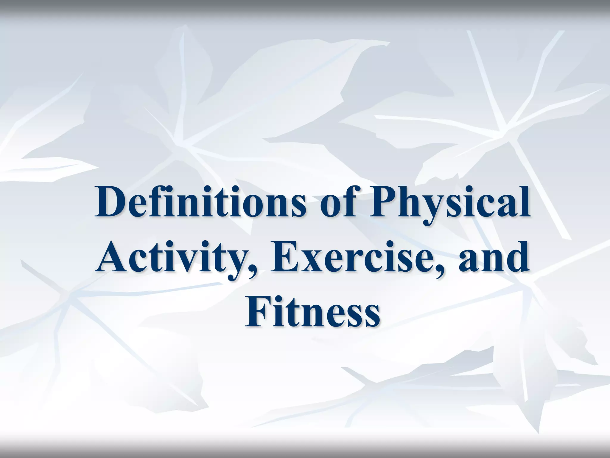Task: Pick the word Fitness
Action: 312,313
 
